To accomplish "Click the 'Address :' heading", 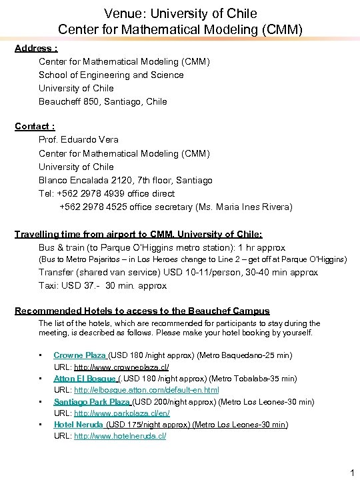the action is coord(36,48).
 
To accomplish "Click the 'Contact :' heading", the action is coord(35,126).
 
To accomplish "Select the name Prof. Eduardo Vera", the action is coord(79,140).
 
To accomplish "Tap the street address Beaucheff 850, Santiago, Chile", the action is coord(103,101).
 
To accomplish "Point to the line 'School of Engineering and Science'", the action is coord(111,75).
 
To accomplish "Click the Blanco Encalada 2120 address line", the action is coord(125,180).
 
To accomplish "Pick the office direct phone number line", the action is coord(107,193).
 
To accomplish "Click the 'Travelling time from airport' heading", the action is coord(139,234).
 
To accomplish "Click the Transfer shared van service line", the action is coord(177,272).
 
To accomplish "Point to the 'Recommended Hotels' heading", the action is coord(142,311).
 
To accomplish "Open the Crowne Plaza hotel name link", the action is coord(80,355).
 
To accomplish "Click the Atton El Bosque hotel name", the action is coord(84,378).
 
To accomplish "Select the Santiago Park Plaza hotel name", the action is coord(92,401).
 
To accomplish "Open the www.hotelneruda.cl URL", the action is coord(120,436).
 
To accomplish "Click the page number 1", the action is coord(351,473).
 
